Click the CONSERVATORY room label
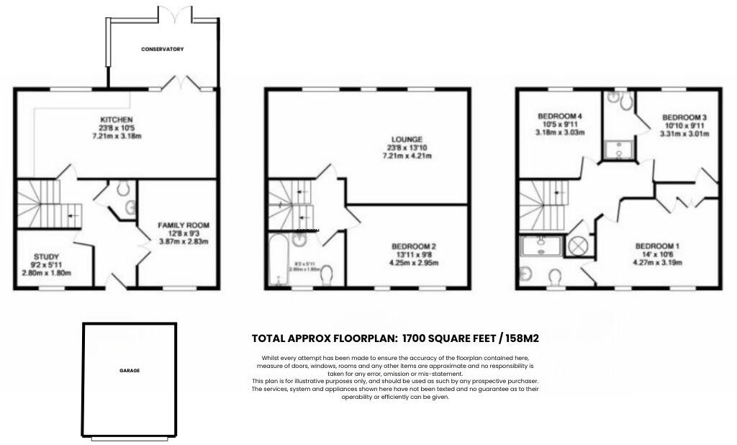[x=162, y=49]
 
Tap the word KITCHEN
[x=117, y=119]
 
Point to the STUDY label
[x=46, y=256]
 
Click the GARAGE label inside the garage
[x=130, y=371]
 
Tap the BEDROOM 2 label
[x=414, y=246]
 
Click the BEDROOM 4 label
[x=560, y=116]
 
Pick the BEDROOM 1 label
[x=657, y=246]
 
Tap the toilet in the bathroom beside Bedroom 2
[x=327, y=276]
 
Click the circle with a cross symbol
[x=578, y=246]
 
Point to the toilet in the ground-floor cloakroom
[x=124, y=189]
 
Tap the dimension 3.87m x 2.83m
[x=182, y=242]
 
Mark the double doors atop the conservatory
[x=176, y=13]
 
